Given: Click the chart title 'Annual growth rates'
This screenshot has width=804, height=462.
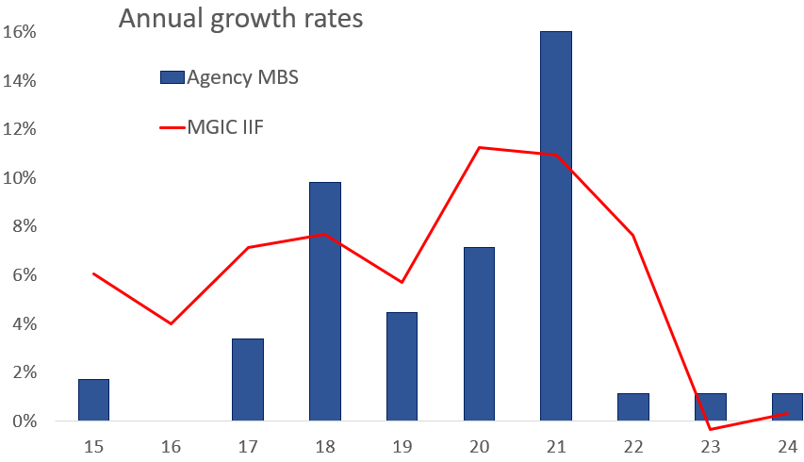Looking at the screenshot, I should coord(240,19).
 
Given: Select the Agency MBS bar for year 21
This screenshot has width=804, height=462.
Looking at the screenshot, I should coord(556,226).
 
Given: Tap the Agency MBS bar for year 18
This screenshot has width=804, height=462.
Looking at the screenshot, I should coord(325,302).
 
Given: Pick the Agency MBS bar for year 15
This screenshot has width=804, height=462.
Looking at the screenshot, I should coord(93,400).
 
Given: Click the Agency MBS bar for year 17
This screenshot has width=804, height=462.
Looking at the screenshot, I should coord(248,380).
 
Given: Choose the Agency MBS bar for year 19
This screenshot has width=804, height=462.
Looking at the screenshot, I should coord(402,367).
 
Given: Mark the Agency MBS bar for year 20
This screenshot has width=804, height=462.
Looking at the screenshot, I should coord(479,334).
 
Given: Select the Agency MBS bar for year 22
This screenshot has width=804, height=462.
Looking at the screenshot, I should coord(633,407).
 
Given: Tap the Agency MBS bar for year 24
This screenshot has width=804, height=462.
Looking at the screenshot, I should coord(787,407).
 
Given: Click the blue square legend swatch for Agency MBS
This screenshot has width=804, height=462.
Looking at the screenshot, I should coord(172,78).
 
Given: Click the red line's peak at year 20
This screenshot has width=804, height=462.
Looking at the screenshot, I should coord(479,147).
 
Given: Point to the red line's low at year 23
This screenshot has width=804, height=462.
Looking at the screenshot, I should coord(710,430).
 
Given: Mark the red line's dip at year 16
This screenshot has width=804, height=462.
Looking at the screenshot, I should coord(171,323).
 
